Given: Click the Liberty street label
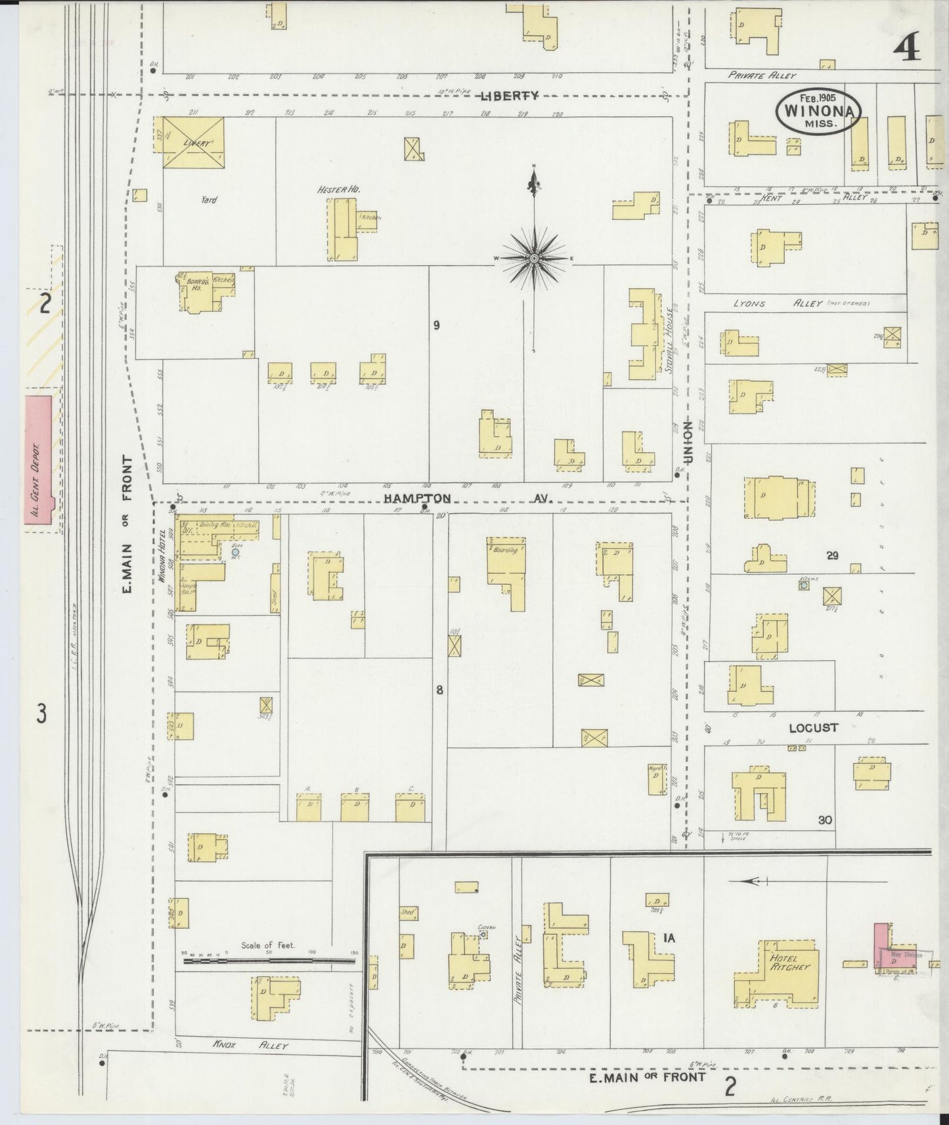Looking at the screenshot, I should click(x=509, y=96).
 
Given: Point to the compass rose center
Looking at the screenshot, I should click(x=535, y=259).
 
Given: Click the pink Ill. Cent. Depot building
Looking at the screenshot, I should click(x=38, y=459).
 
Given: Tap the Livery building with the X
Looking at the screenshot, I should click(x=193, y=142).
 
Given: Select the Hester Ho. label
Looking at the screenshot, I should click(x=339, y=190).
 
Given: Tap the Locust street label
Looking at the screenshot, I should click(x=813, y=727).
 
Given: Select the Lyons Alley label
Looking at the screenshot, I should click(x=778, y=304).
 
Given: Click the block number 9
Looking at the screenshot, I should click(x=436, y=324).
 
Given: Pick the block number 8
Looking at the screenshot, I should click(x=439, y=689).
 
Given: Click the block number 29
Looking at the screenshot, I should click(x=833, y=556).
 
